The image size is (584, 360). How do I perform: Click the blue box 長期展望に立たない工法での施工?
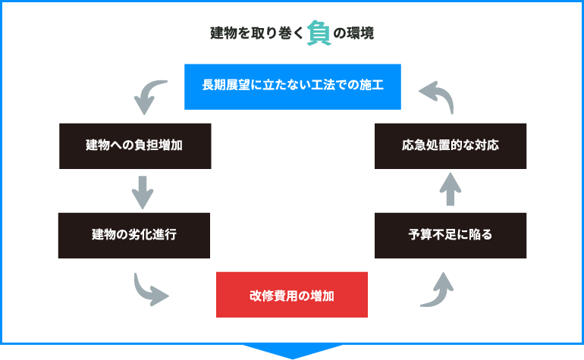click(x=292, y=86)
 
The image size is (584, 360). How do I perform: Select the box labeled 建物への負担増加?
click(x=134, y=146)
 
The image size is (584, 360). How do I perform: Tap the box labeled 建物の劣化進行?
click(x=134, y=235)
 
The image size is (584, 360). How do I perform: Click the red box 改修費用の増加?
click(x=292, y=295)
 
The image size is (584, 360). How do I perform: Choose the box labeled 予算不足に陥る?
click(x=451, y=235)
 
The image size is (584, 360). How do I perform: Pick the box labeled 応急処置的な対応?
click(x=451, y=146)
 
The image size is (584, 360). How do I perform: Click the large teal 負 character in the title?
click(x=319, y=33)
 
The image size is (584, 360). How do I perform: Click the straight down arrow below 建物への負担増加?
click(x=142, y=193)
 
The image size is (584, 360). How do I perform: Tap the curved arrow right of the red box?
click(x=437, y=290)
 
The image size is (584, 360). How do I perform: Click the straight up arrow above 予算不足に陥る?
click(x=450, y=189)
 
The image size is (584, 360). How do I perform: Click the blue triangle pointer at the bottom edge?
click(x=292, y=350)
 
